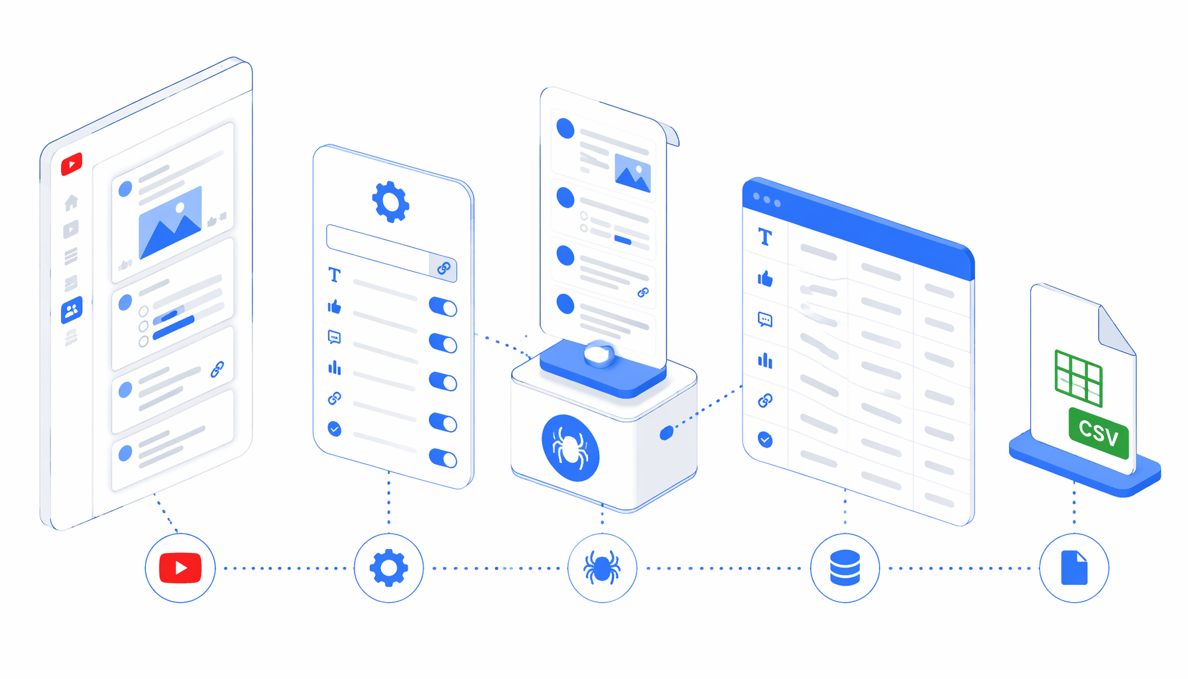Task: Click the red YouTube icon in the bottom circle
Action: pos(180,568)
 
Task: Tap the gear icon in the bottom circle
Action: pos(388,568)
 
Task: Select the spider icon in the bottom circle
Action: pos(602,568)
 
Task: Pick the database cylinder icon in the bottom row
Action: pos(845,568)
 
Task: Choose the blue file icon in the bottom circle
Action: pos(1074,568)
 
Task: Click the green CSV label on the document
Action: pos(1099,433)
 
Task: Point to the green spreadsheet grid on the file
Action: pos(1079,377)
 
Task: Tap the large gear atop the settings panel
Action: pos(390,202)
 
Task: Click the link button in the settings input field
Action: pos(444,267)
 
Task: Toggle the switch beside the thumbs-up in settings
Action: pos(443,307)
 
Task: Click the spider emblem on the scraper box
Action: pos(570,448)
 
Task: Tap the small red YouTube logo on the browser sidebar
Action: pos(72,164)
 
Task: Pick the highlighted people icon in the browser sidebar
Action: pos(72,310)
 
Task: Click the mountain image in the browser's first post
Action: pos(170,221)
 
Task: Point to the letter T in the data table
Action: pos(765,237)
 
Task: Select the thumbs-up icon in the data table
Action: pos(765,278)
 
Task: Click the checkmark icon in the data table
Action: pos(765,440)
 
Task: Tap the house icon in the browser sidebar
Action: pos(71,202)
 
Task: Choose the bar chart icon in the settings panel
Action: pos(335,367)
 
